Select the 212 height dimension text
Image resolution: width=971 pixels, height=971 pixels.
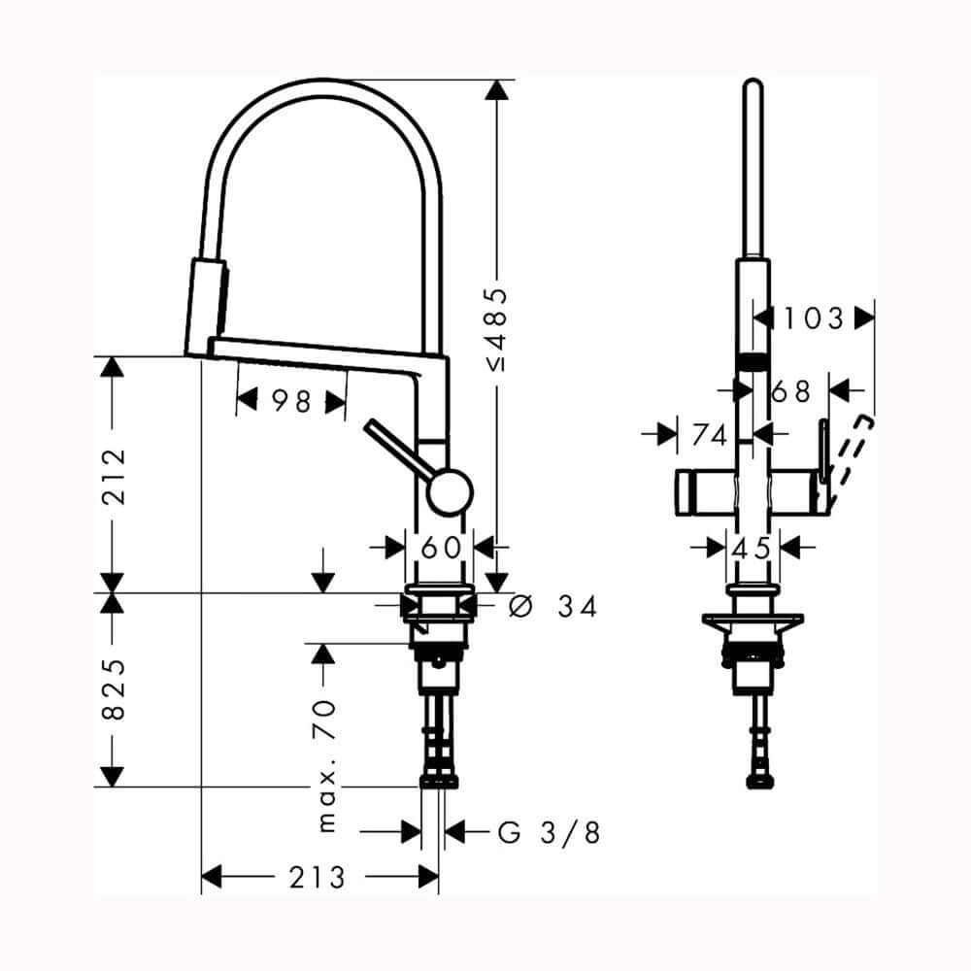tap(115, 476)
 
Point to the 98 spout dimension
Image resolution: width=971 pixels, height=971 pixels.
tap(290, 400)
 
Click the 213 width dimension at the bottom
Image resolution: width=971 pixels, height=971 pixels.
tap(317, 878)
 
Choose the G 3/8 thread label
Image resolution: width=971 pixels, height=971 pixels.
tap(549, 832)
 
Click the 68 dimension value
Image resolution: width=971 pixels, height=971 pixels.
tap(790, 391)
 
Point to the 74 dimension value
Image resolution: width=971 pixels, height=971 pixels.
tap(709, 436)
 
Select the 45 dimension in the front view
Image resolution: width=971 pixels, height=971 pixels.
tap(752, 549)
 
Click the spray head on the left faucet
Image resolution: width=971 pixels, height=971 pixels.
tap(206, 306)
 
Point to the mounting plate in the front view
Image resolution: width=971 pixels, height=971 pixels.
tap(753, 620)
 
